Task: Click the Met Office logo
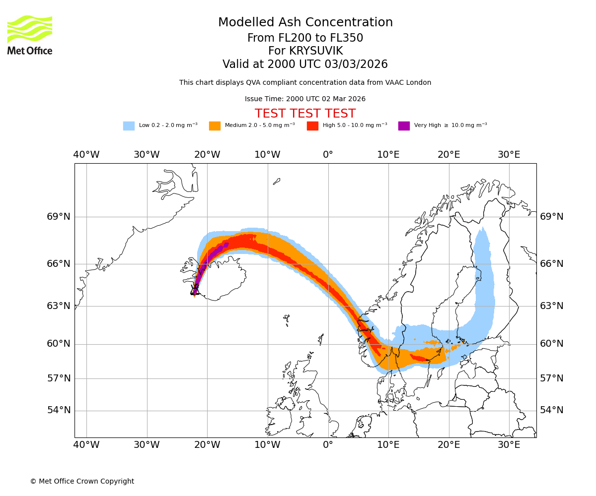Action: (30, 35)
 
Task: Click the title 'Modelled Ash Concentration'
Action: (305, 22)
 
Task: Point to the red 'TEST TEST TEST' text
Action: (305, 114)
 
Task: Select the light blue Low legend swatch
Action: (129, 125)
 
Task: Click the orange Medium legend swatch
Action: (215, 125)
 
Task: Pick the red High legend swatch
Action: (312, 125)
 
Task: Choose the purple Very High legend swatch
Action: (404, 125)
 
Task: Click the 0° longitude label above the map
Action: (328, 155)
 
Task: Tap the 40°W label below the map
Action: (86, 444)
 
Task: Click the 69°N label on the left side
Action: (59, 217)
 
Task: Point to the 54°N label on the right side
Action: (552, 410)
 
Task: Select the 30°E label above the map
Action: (509, 155)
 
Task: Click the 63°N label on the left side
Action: (59, 306)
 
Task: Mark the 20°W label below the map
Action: (207, 444)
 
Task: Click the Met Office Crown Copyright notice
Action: (82, 481)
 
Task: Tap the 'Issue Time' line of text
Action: (305, 99)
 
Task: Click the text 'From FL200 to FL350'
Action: (305, 38)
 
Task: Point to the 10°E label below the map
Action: (388, 444)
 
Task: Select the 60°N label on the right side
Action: (552, 344)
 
